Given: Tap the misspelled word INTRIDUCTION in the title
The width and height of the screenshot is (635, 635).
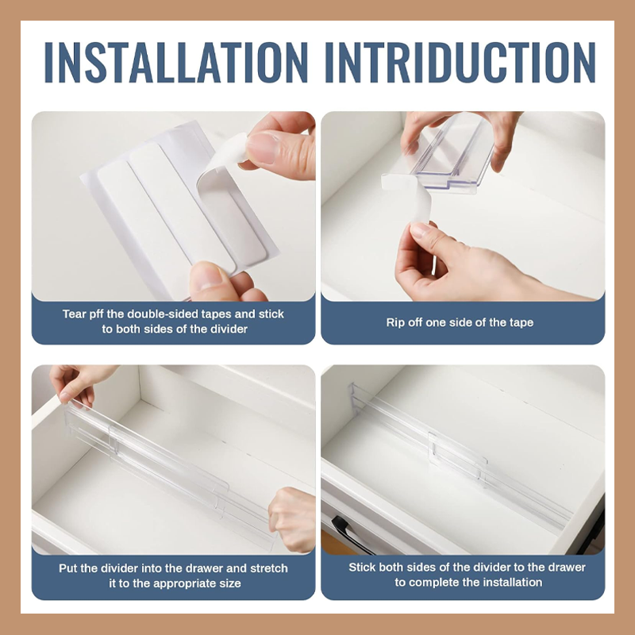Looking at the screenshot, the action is (x=460, y=63).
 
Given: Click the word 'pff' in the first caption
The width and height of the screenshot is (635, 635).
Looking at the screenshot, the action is (x=93, y=314).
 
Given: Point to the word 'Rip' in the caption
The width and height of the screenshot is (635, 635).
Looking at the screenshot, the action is (x=394, y=323).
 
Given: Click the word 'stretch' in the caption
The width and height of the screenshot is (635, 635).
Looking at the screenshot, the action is (x=268, y=568).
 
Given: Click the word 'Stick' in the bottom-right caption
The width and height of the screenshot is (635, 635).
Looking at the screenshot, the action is (x=362, y=567).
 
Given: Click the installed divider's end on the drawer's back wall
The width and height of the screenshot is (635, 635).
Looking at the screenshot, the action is (x=356, y=399).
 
